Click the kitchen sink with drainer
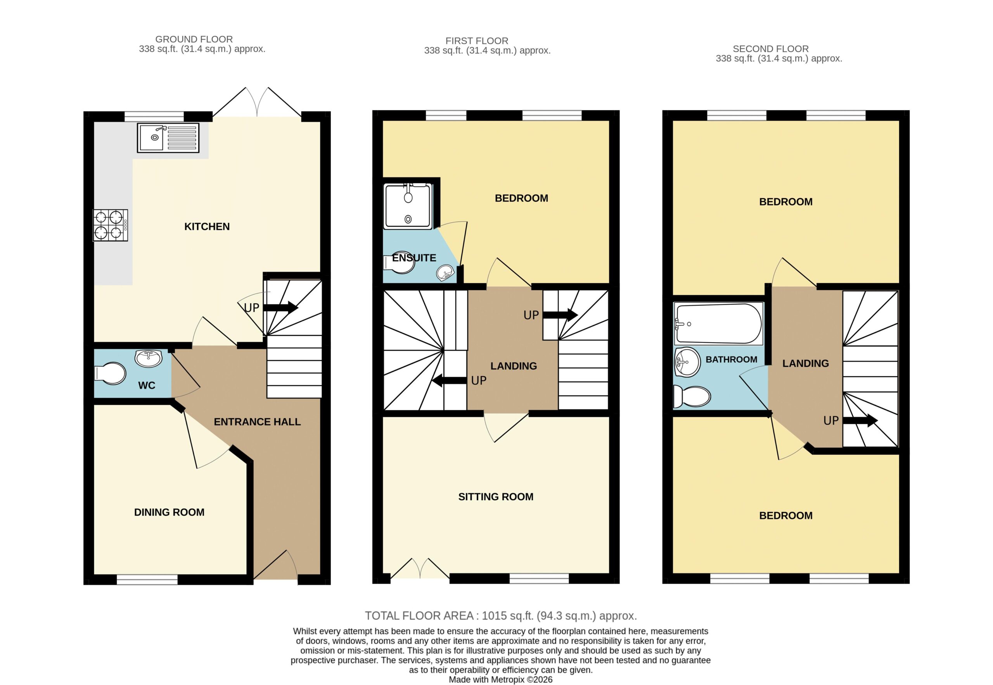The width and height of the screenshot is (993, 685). click(x=168, y=138)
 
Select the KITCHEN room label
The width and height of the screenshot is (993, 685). click(x=207, y=227)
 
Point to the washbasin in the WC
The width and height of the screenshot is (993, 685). click(x=149, y=358)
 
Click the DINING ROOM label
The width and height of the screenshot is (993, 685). click(x=169, y=512)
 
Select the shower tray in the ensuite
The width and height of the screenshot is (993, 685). click(x=408, y=207)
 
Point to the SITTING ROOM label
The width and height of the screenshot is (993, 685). click(x=495, y=497)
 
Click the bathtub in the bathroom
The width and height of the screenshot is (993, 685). click(x=718, y=324)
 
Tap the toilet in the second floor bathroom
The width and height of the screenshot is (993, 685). click(x=691, y=396)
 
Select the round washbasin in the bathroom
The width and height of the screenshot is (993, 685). click(x=687, y=362)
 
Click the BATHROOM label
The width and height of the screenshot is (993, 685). click(x=731, y=360)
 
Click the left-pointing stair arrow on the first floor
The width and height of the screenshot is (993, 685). click(x=449, y=380)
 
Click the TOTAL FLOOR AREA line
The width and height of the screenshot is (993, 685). click(x=501, y=616)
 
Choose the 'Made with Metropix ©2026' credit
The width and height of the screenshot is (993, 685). click(x=501, y=680)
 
